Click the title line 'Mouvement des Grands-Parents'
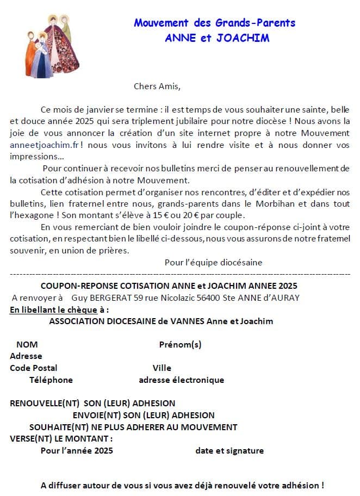pyautogui.click(x=215, y=23)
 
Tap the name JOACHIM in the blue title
pyautogui.click(x=242, y=38)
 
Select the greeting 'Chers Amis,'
pyautogui.click(x=157, y=86)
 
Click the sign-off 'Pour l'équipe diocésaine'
pyautogui.click(x=213, y=262)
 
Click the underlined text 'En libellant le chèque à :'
pyautogui.click(x=59, y=309)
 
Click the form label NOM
pyautogui.click(x=27, y=344)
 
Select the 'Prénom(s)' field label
pyautogui.click(x=180, y=344)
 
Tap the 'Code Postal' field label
pyautogui.click(x=34, y=368)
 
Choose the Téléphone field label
pyautogui.click(x=51, y=380)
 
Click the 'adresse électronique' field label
pyautogui.click(x=181, y=380)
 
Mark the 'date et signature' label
pyautogui.click(x=229, y=450)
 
